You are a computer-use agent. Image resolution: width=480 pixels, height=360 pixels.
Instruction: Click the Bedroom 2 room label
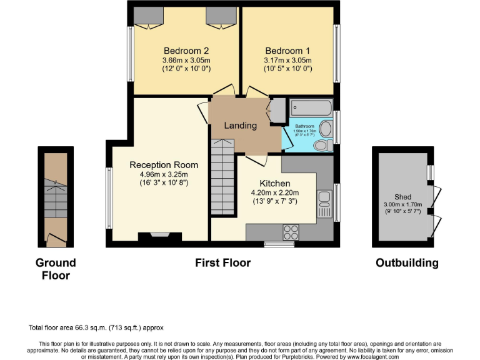[x=186, y=51]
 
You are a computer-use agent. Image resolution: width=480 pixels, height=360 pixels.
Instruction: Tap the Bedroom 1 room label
[x=287, y=51]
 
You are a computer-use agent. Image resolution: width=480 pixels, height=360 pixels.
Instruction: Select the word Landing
[x=241, y=126]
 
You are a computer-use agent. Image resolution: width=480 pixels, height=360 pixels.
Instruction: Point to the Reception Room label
[x=164, y=165]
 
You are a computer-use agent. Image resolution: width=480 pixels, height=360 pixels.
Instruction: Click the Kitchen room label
[x=276, y=183]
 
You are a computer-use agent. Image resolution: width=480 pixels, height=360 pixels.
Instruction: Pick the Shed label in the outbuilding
[x=403, y=196]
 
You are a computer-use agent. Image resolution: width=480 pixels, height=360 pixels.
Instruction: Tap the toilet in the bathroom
[x=322, y=145]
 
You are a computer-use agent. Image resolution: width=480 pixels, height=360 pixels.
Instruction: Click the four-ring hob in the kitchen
[x=291, y=232]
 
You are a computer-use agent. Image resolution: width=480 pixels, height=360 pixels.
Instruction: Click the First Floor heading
[x=223, y=263]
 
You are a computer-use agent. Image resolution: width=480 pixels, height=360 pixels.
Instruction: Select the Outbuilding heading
[x=407, y=263]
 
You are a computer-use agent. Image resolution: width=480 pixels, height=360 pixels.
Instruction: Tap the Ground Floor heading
[x=56, y=269]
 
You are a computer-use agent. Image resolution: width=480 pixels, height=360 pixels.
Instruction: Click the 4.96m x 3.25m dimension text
[x=164, y=174]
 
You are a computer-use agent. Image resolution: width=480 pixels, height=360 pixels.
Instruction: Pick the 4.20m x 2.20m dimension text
[x=276, y=192]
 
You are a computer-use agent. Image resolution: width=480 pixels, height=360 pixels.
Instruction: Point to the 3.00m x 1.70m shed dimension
[x=403, y=204]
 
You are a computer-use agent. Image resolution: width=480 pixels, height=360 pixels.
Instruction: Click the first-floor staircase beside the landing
[x=221, y=177]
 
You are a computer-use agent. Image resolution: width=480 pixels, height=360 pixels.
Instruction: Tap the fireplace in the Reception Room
[x=154, y=236]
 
